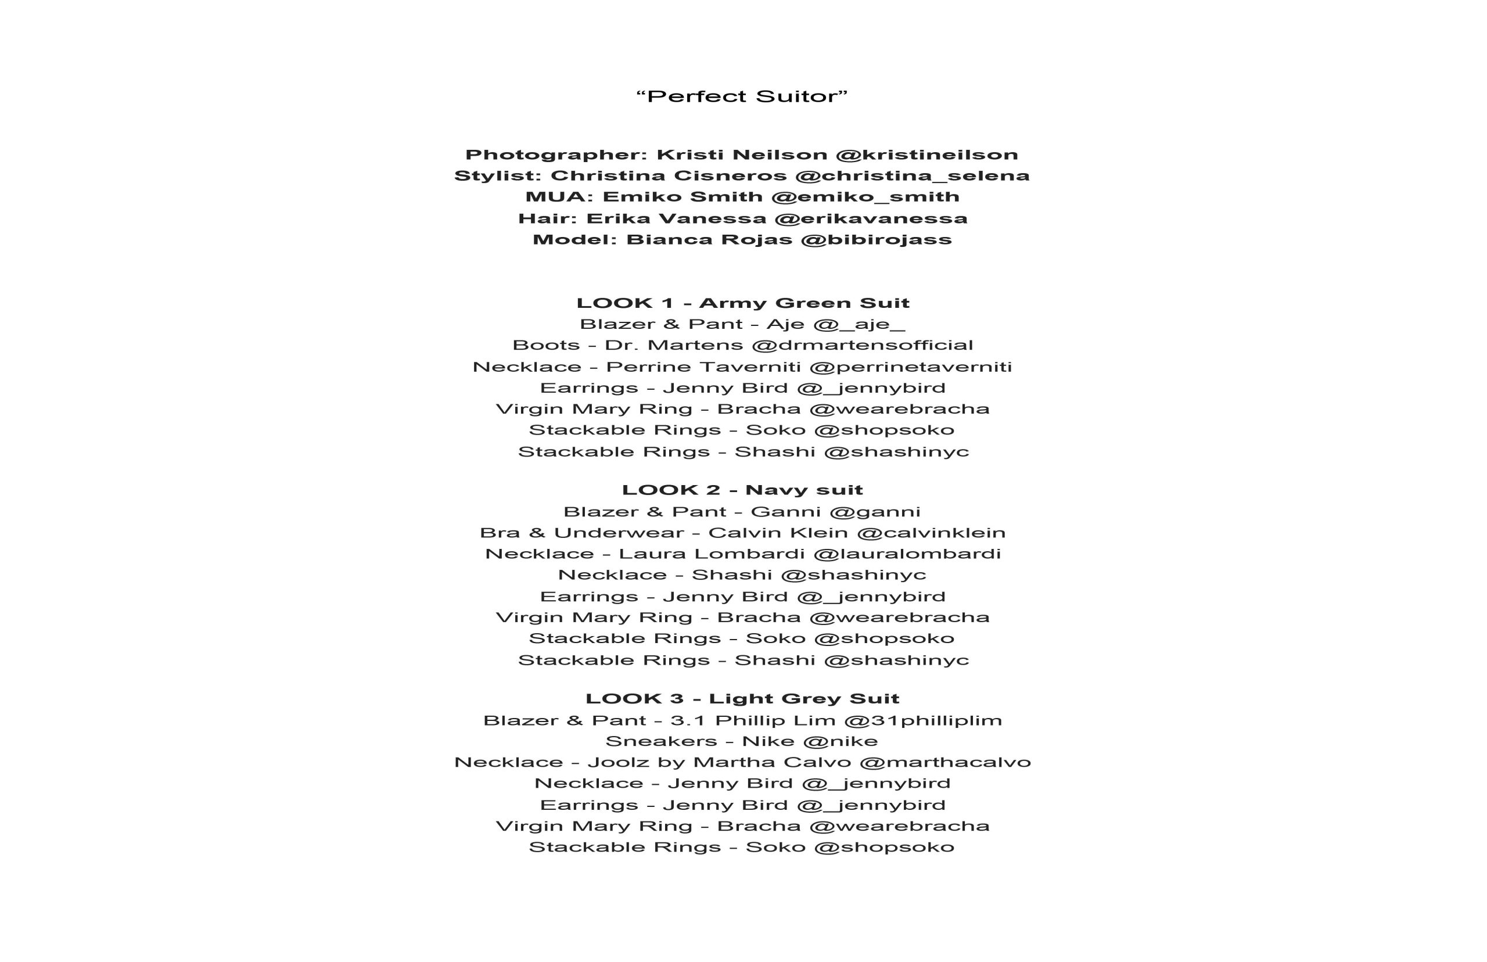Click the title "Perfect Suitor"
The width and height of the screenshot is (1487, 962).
click(742, 96)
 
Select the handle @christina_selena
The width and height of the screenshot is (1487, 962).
click(913, 176)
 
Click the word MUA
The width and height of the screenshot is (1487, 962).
click(558, 197)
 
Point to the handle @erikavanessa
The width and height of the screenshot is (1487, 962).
click(871, 218)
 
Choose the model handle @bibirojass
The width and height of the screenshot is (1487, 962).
click(875, 240)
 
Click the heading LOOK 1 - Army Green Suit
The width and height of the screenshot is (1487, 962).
click(742, 304)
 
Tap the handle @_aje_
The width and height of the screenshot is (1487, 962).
click(859, 325)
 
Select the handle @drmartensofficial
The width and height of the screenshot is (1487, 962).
click(863, 346)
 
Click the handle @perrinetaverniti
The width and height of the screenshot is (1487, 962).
click(911, 367)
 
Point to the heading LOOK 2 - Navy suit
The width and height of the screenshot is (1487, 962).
click(742, 490)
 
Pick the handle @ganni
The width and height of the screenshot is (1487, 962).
click(875, 512)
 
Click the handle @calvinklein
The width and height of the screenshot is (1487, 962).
click(931, 533)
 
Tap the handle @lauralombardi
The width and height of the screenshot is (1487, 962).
click(907, 554)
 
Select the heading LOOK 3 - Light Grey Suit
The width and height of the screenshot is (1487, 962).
click(742, 699)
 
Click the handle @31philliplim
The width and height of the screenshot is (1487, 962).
click(923, 721)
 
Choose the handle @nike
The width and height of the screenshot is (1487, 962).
click(841, 741)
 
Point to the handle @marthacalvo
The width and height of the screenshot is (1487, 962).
click(945, 763)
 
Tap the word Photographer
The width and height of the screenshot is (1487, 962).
click(556, 155)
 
